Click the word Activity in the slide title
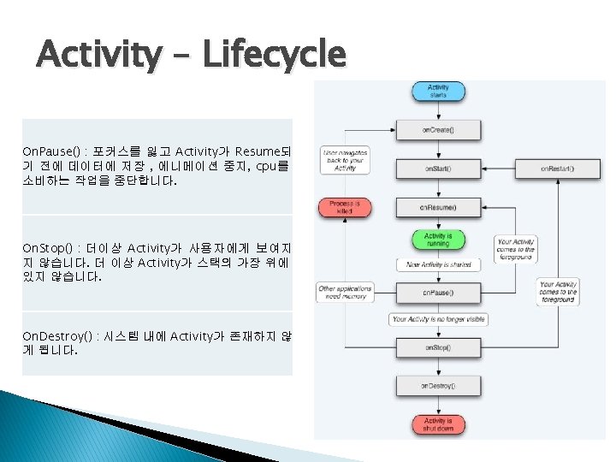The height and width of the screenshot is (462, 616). point(98,56)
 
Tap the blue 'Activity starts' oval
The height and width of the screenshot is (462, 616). point(438,91)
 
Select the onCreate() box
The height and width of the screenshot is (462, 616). point(438,130)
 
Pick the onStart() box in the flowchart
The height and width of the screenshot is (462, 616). point(438,169)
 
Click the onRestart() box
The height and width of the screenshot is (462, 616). point(557,169)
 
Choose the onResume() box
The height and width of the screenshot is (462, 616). point(438,207)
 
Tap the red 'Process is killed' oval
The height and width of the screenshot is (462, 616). point(345,207)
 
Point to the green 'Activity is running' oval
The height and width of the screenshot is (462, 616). point(438,240)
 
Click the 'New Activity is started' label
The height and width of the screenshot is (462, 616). point(438,265)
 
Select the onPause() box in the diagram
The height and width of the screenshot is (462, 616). point(438,293)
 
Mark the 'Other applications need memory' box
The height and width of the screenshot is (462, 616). point(343,293)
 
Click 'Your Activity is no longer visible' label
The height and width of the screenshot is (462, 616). point(438,319)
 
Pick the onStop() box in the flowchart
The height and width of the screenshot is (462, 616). point(438,348)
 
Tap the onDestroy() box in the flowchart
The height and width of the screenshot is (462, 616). point(438,387)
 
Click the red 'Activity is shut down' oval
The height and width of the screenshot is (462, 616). point(438,424)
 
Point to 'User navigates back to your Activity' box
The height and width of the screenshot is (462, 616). point(345,160)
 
